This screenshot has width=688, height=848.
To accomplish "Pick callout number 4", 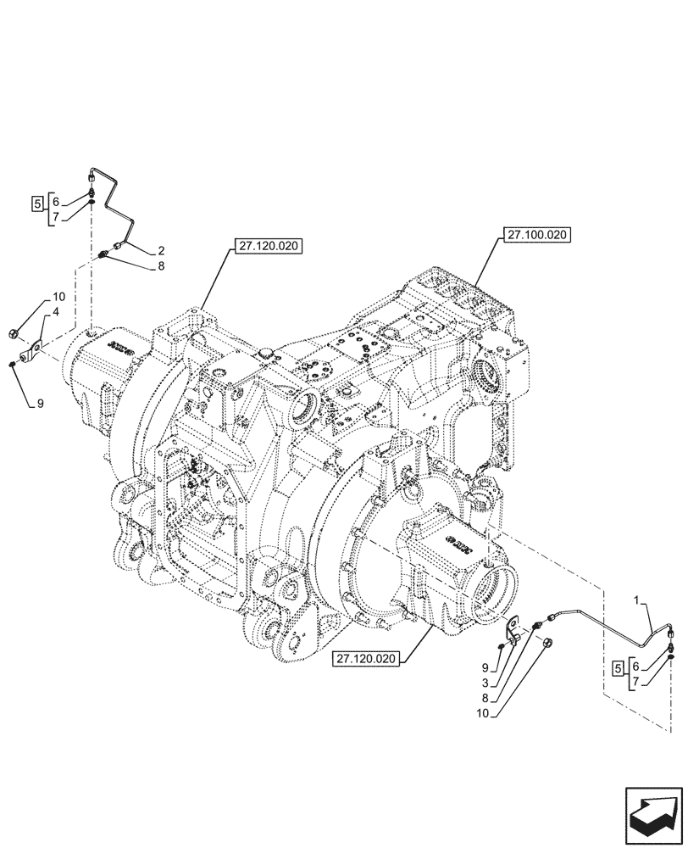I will click(57, 313).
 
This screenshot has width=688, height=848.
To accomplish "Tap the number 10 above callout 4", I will click(58, 297).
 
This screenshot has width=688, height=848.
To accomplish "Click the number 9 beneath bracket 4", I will click(39, 404).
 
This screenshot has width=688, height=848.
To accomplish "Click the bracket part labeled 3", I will click(513, 630).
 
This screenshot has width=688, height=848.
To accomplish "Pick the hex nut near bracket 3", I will click(548, 642).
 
